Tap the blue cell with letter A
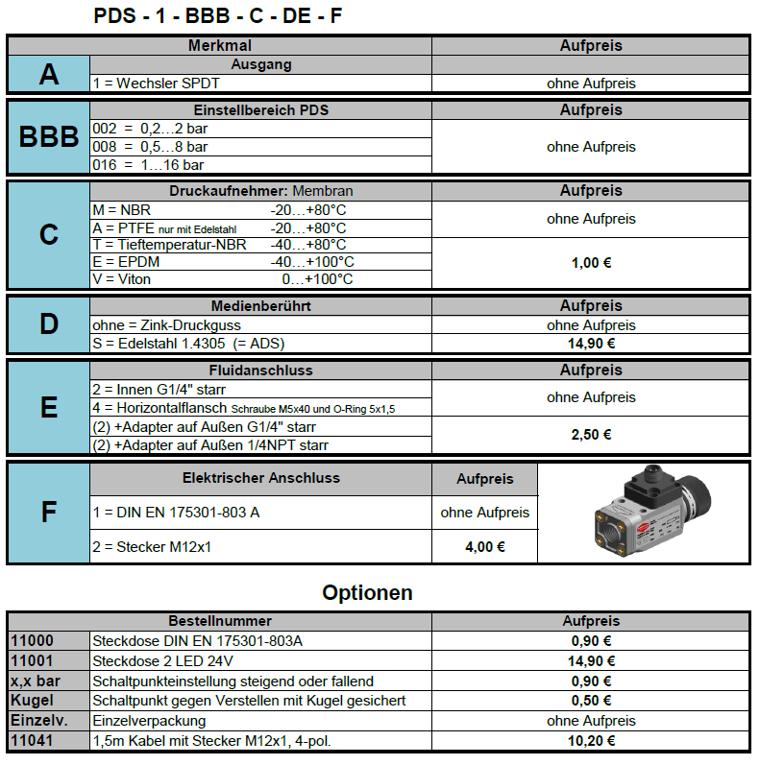coord(49,74)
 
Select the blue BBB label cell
coord(49,137)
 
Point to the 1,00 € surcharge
coord(591,262)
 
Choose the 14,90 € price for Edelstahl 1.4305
coord(591,344)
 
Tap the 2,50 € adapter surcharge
coord(591,435)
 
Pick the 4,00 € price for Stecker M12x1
coord(484,547)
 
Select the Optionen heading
coord(367,592)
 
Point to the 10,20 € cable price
coord(591,741)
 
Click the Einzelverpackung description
coord(149,721)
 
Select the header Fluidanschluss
coord(260,370)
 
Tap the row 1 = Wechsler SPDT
coord(150,84)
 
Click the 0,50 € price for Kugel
coord(591,701)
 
